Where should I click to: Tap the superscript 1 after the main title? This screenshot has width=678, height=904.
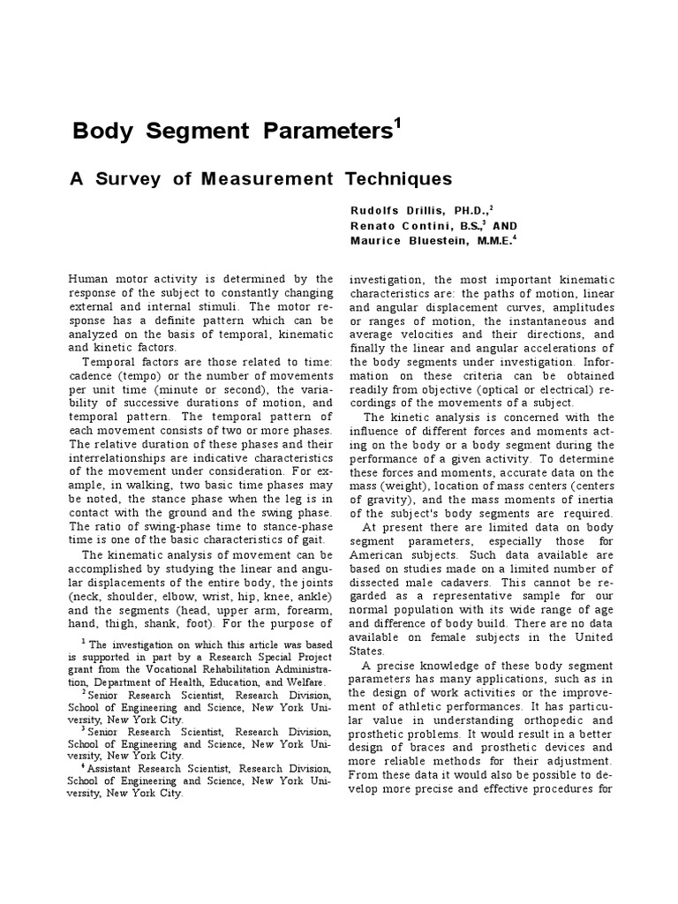coord(396,124)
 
